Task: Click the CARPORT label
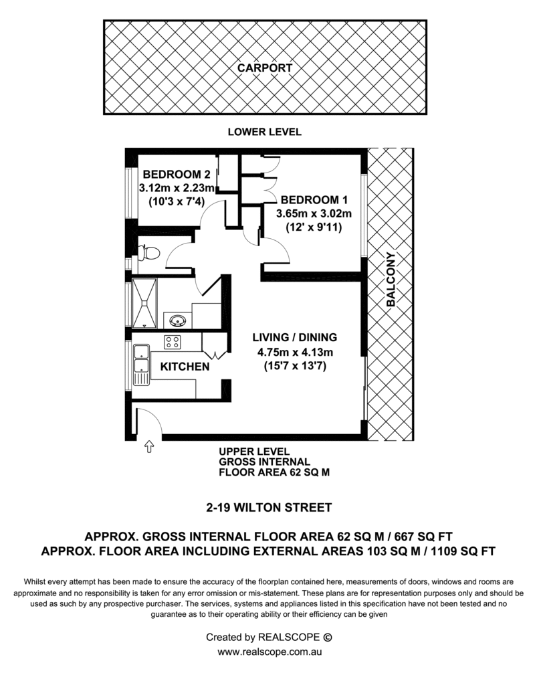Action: (265, 68)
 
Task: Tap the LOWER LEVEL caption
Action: (265, 132)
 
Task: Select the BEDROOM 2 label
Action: (177, 175)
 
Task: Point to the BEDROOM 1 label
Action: (314, 200)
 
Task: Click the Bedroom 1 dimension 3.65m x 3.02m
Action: (314, 213)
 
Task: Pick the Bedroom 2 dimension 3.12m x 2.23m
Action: (177, 188)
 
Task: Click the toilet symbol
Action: (148, 252)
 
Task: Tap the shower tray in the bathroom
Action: (144, 304)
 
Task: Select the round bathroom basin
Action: (178, 320)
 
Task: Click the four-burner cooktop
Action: (172, 343)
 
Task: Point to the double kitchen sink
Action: (141, 365)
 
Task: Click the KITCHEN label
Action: (185, 367)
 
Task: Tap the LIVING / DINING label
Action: (295, 337)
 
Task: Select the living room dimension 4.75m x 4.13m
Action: (296, 353)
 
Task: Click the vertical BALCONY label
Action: (391, 280)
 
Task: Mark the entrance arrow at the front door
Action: (149, 446)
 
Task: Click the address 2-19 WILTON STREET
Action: (269, 508)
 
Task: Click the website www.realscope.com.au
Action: (270, 652)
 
